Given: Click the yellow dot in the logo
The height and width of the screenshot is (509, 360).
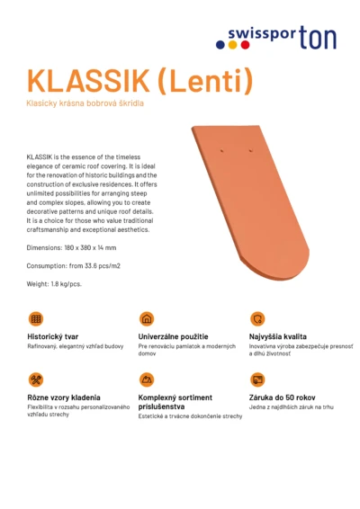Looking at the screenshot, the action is [233, 44].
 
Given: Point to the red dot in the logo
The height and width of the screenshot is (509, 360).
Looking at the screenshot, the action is [244, 44].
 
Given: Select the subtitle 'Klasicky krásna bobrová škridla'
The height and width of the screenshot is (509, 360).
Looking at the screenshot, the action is [85, 104].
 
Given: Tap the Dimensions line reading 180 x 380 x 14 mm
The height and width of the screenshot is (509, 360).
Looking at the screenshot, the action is [71, 247].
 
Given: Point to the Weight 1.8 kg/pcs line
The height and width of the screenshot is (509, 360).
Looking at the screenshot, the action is [54, 284].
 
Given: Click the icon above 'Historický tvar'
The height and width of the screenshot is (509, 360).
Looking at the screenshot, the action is [36, 318].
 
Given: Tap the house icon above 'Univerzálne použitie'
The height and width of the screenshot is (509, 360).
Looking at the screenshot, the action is [147, 318].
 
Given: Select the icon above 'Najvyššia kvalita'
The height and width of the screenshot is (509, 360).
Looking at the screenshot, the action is [257, 318].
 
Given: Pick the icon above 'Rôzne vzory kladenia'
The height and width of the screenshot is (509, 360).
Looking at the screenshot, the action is [36, 380].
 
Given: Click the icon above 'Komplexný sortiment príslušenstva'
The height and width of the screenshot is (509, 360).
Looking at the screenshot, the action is [147, 380].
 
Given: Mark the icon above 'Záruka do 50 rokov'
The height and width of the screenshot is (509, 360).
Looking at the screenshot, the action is [257, 380].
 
